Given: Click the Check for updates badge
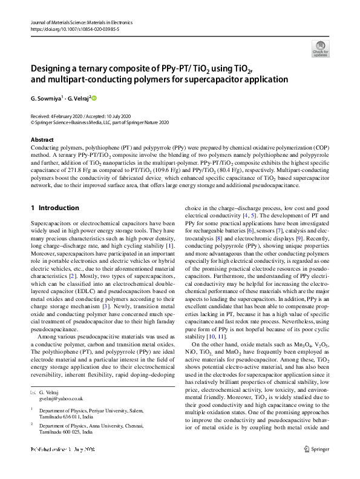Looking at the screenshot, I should click(x=321, y=48).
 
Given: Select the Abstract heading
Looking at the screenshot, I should click(x=42, y=140).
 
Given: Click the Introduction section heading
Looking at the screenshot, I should click(x=54, y=208).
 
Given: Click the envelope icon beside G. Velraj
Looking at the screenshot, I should click(x=34, y=392).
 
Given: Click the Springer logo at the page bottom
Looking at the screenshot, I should click(x=317, y=466).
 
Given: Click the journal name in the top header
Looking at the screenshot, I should click(x=81, y=22).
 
